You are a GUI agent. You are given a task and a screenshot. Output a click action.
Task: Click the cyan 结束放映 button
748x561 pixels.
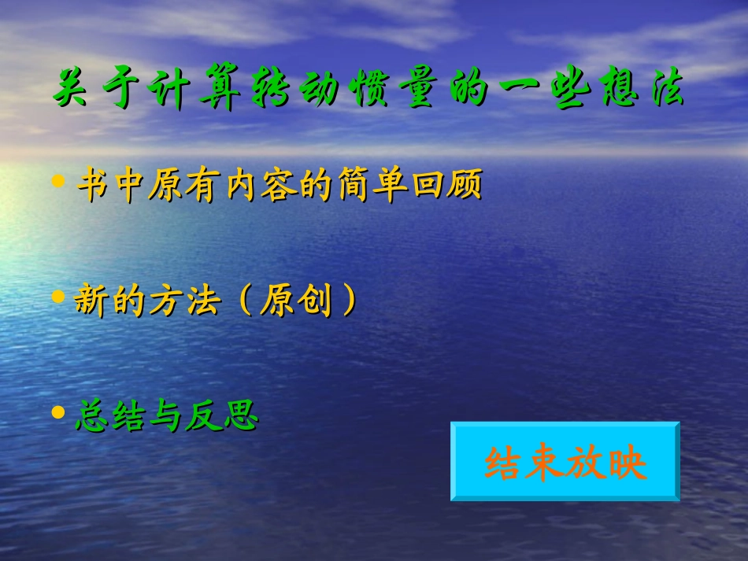pos(565,462)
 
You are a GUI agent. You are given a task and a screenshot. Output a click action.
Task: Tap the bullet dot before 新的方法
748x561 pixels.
pos(57,297)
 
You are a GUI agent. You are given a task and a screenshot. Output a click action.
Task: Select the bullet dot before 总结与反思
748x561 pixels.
pos(57,412)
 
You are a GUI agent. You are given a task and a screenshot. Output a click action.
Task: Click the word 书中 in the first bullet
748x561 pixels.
pos(109,186)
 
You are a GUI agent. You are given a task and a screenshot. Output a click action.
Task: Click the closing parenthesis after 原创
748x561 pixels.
pos(346,301)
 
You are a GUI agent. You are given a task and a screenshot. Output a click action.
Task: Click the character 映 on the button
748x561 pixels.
pos(626,463)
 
